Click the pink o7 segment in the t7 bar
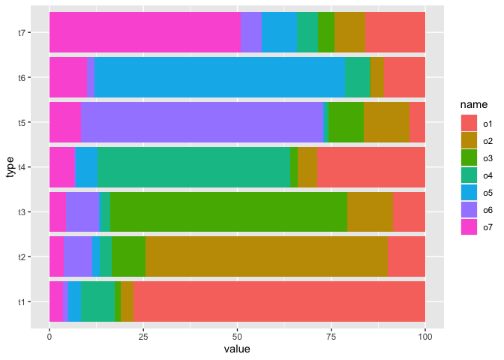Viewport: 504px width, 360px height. coord(145,32)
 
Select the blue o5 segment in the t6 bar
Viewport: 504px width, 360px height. coord(220,77)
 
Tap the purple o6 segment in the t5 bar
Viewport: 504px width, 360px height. coord(202,122)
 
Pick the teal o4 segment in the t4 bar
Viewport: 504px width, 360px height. coord(193,167)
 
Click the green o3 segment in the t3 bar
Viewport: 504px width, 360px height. coord(229,211)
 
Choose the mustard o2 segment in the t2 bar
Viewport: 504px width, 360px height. coord(266,256)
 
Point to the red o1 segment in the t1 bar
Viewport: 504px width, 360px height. coord(279,301)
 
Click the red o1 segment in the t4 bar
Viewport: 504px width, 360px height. coord(371,167)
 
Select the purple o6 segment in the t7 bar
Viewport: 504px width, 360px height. coord(251,32)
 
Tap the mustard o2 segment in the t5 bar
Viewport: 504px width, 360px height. coord(387,122)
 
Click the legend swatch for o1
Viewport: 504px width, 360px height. coord(469,124)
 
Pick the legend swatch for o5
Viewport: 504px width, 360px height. coord(469,193)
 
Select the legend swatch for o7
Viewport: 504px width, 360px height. coord(469,227)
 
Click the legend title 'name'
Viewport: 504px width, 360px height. coord(474,104)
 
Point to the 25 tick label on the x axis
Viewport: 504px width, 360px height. coord(143,337)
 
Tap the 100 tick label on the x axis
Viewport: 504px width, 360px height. coord(425,337)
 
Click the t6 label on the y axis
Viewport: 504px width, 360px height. coord(22,77)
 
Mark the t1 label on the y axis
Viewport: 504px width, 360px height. coord(22,301)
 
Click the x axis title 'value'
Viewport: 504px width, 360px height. coord(237,349)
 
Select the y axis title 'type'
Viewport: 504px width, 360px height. coord(10,167)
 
